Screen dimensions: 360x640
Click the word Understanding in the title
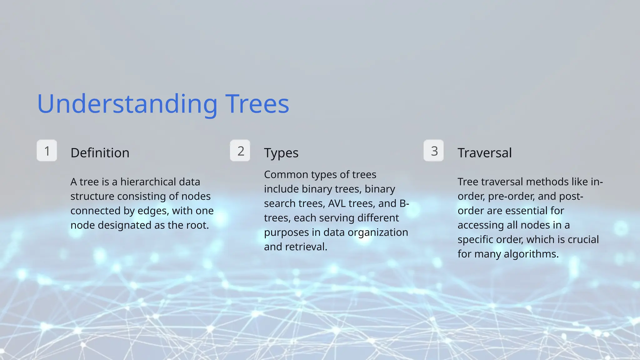pyautogui.click(x=127, y=104)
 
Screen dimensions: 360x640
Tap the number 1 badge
pyautogui.click(x=47, y=151)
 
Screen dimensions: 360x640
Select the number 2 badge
pyautogui.click(x=240, y=151)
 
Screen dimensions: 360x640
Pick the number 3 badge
pyautogui.click(x=434, y=151)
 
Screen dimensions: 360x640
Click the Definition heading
pyautogui.click(x=100, y=153)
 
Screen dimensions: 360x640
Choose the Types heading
pyautogui.click(x=281, y=153)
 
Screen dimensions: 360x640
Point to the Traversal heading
pyautogui.click(x=485, y=153)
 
